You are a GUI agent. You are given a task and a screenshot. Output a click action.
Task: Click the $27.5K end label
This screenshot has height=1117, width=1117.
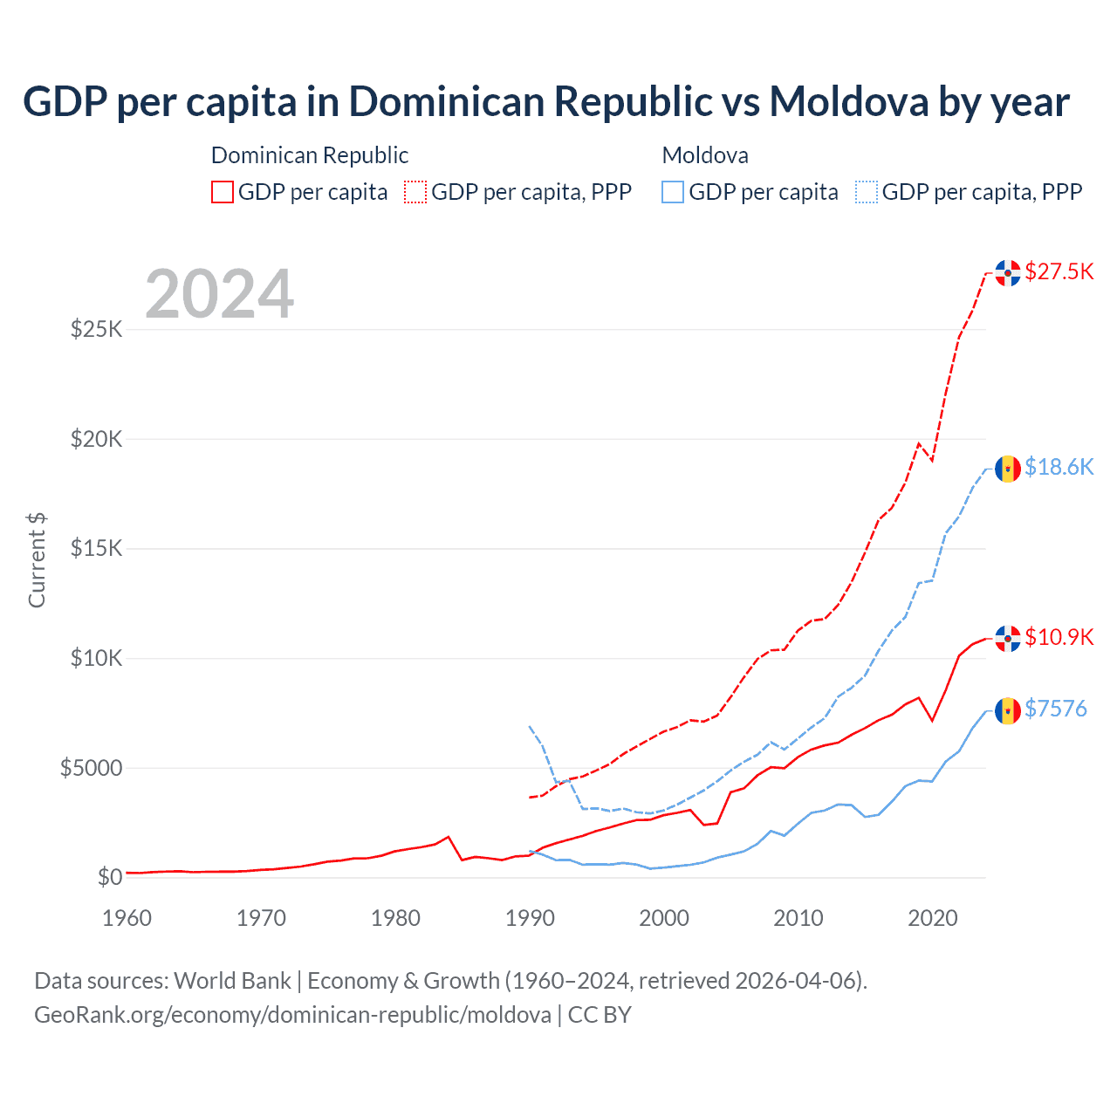1059,271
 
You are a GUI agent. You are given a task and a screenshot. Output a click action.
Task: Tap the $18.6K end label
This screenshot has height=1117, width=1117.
1059,467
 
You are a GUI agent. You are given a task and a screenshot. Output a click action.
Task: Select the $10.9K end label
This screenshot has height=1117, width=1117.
1059,637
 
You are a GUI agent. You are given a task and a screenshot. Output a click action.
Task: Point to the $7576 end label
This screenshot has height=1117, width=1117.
1056,708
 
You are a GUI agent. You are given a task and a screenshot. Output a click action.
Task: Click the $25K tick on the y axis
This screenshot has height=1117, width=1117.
96,329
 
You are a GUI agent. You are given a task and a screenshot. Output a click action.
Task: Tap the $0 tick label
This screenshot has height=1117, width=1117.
109,877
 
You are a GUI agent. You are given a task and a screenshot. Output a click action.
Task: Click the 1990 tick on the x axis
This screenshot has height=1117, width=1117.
530,918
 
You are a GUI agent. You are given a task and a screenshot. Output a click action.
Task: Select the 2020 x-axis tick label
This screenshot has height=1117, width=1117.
933,918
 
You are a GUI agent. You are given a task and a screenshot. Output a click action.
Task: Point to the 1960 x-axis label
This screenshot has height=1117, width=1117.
127,918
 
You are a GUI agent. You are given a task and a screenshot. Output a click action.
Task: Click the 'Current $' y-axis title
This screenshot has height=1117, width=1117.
37,560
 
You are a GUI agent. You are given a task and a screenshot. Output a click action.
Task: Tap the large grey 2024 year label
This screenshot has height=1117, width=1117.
219,294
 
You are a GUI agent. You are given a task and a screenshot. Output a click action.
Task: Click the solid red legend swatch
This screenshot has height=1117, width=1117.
223,192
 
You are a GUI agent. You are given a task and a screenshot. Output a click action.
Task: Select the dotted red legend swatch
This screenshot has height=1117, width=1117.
415,192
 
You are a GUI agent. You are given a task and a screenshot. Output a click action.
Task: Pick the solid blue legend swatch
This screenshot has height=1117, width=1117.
673,192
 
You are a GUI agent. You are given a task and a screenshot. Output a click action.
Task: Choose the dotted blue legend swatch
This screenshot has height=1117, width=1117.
867,192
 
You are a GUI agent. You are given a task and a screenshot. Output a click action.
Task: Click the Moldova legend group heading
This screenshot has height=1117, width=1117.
705,155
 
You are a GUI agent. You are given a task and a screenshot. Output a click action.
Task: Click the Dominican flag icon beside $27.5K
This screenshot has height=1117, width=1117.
1008,272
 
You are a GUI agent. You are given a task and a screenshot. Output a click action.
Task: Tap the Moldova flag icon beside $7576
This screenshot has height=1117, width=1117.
1008,710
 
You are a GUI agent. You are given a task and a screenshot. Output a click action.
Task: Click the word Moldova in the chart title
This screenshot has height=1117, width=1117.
848,101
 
